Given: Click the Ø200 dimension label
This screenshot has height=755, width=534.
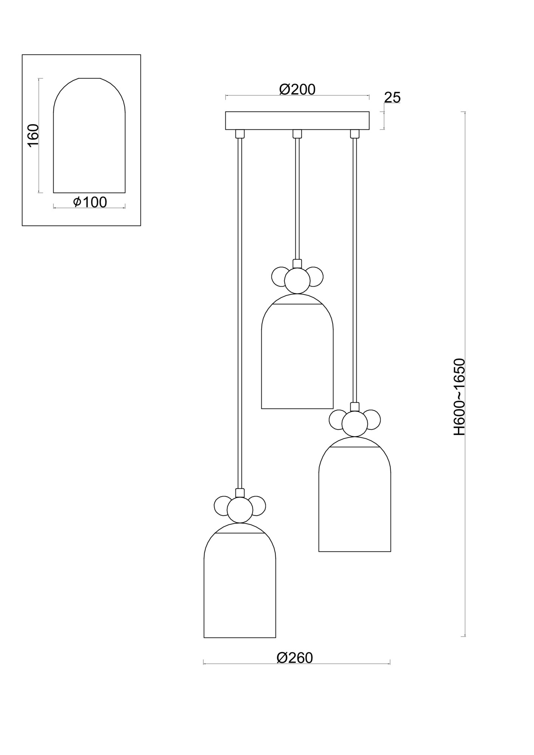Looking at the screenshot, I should (297, 89).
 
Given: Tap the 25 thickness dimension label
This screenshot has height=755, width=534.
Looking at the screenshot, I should (392, 97).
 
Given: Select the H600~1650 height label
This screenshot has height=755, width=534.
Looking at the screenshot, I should (459, 397).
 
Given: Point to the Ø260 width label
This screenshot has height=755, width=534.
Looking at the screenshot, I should (295, 658).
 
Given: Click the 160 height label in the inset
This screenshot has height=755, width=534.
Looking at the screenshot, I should (33, 135).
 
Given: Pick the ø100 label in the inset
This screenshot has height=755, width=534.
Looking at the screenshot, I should (90, 202).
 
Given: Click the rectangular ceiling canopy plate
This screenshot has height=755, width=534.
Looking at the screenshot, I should (297, 120).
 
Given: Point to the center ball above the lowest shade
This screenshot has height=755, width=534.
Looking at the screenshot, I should (240, 510).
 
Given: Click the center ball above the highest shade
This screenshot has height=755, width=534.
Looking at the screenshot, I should (297, 280).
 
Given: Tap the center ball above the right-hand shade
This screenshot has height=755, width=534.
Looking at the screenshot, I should (354, 424).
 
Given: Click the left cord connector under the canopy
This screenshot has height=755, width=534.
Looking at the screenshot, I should (240, 134).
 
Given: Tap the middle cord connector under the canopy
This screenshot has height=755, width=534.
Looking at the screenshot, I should (297, 134).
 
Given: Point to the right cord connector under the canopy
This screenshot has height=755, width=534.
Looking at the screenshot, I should (354, 134).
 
